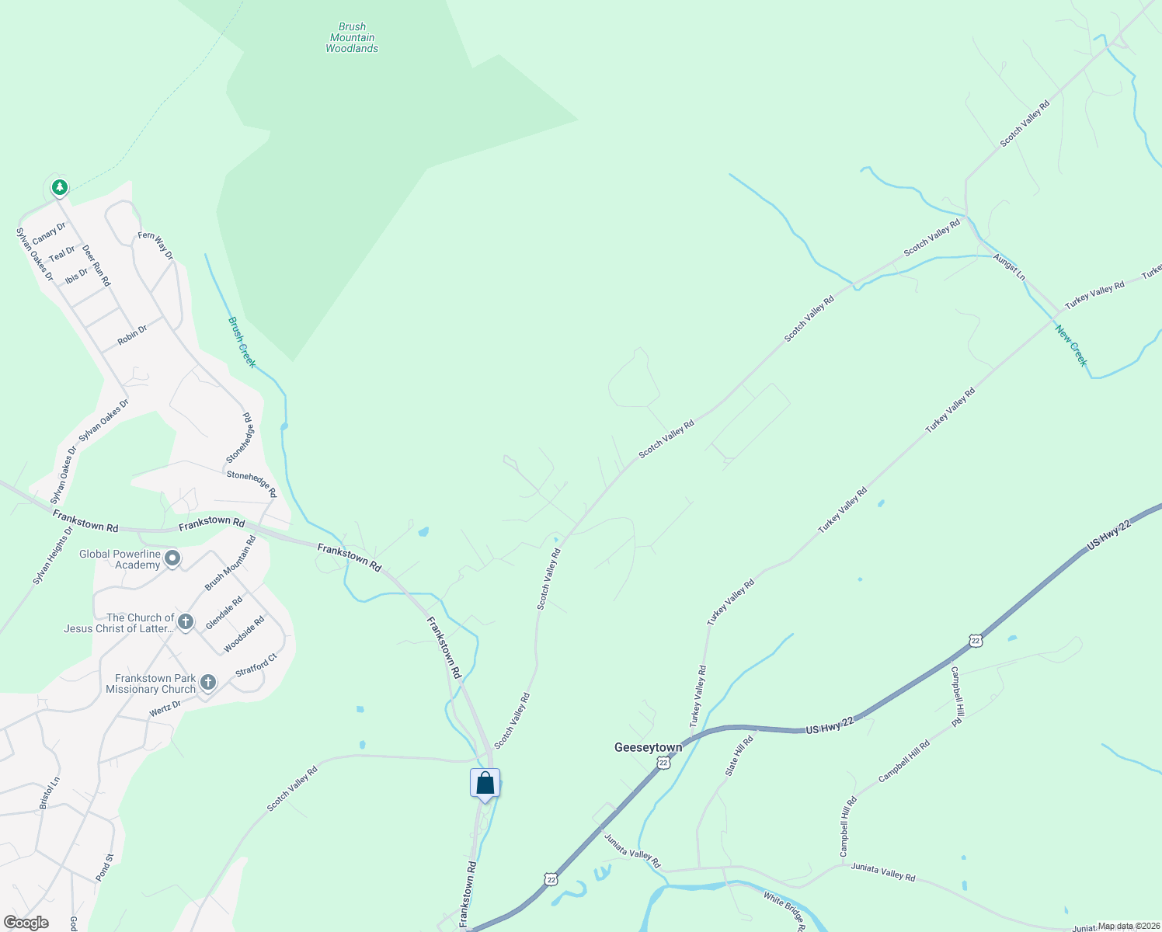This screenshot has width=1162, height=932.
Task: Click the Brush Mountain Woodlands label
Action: (x=352, y=37)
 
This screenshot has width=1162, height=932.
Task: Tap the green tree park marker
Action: (x=59, y=187)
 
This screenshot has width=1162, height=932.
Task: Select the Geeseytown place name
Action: (x=648, y=747)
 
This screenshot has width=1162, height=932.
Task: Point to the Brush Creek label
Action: (x=242, y=342)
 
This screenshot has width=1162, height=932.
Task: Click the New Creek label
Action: (x=1071, y=345)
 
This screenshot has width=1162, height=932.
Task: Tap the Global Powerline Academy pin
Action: (x=172, y=558)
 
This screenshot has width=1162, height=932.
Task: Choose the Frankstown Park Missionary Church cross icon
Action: (x=207, y=683)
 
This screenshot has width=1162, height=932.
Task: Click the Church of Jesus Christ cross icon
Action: (x=185, y=621)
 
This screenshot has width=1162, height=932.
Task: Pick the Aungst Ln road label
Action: (x=1009, y=267)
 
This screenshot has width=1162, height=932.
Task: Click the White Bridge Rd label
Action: (x=785, y=911)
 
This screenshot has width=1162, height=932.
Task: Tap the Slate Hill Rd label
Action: (x=739, y=756)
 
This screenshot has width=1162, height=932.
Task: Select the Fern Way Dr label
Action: (x=155, y=245)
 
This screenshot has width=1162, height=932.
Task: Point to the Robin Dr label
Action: (x=132, y=336)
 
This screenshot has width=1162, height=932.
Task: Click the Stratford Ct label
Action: (x=256, y=665)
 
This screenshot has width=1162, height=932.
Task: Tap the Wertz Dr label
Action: (x=165, y=708)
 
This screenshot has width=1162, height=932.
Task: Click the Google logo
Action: (x=26, y=923)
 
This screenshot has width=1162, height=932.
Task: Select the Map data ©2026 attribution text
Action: (x=1128, y=926)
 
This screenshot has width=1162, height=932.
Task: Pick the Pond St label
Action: (x=104, y=867)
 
